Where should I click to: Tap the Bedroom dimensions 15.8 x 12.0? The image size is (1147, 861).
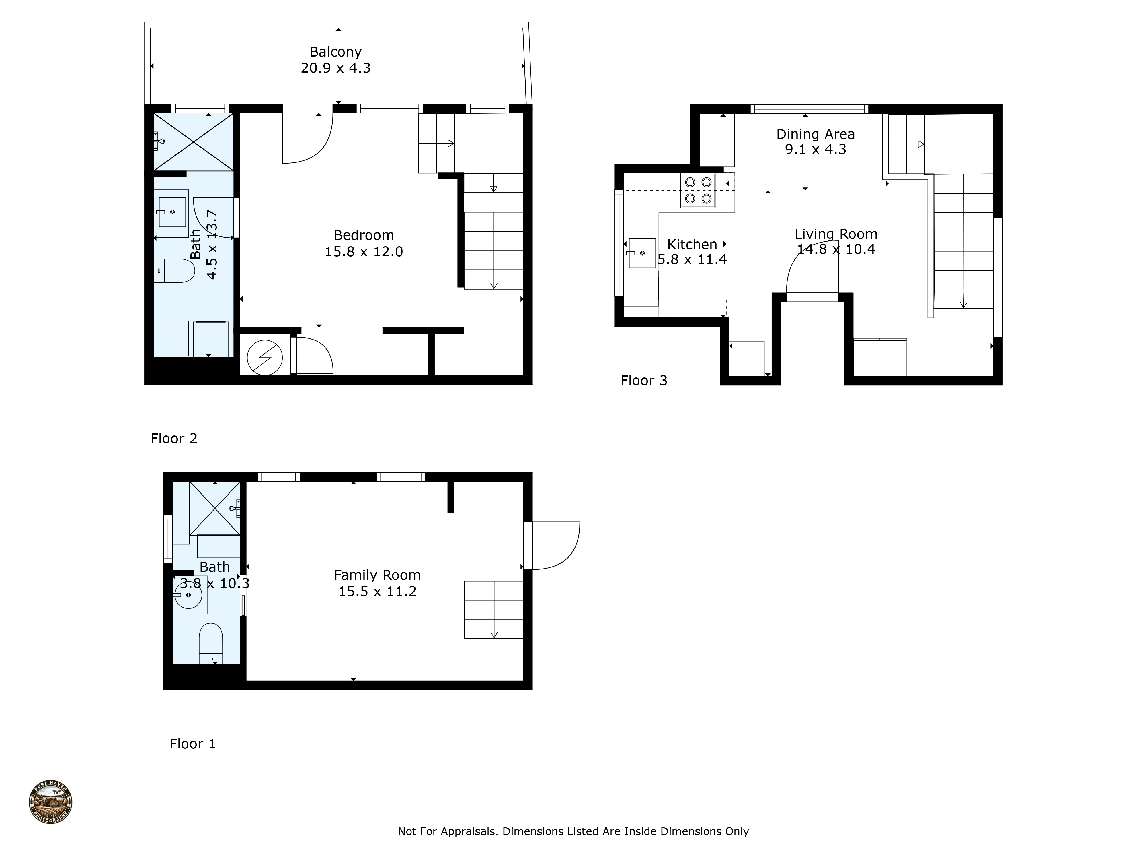pos(364,252)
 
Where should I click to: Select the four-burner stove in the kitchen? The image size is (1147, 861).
pos(698,191)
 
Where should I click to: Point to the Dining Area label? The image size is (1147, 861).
pos(815,134)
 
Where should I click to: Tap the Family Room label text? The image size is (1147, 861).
pos(377,575)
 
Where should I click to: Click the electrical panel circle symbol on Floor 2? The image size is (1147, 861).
pos(264,358)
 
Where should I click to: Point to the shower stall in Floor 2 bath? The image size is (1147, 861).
pos(194,142)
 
